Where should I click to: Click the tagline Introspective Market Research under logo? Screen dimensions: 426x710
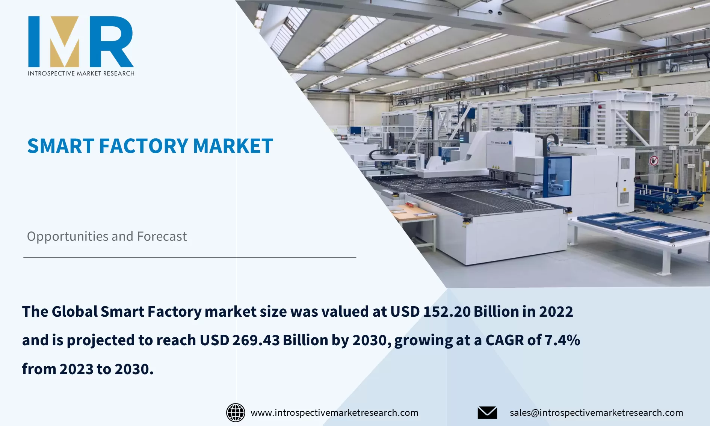pos(81,73)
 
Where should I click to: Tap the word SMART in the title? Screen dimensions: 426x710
pos(60,146)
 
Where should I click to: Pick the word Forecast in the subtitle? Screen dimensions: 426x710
pos(162,237)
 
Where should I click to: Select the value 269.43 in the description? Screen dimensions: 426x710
pos(256,340)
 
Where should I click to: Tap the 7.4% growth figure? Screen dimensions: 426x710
pos(562,340)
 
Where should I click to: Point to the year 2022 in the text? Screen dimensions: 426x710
pos(556,312)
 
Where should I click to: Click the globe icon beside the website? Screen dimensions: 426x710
pos(236,412)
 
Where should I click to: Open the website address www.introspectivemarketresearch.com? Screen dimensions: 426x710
pos(334,412)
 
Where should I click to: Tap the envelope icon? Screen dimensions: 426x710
pos(487,412)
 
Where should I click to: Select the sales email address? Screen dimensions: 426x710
pos(596,412)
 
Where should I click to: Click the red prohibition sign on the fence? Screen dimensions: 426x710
pos(654,161)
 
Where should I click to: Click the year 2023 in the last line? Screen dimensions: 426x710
pos(76,369)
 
